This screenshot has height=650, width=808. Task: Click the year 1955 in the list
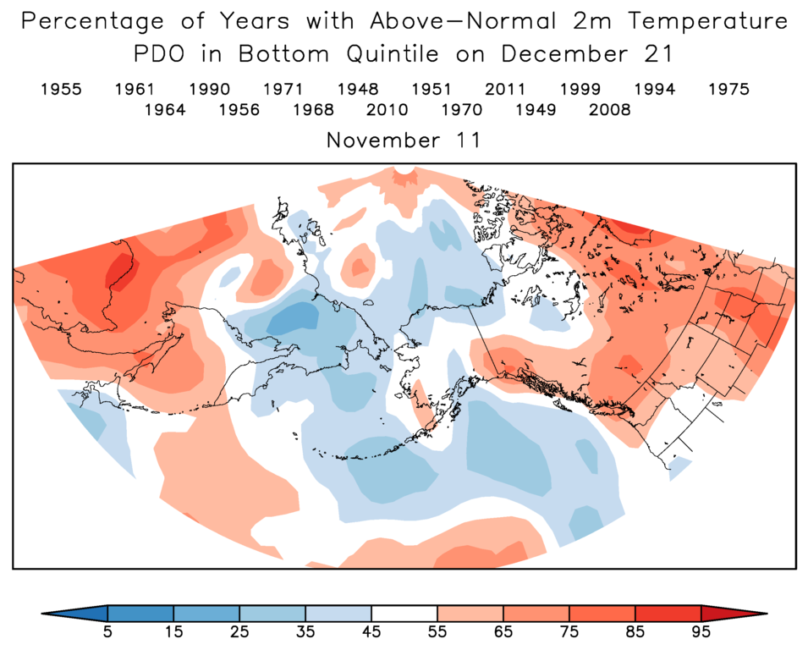[61, 89]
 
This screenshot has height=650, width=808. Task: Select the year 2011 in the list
[505, 89]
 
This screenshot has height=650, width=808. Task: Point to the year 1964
[165, 110]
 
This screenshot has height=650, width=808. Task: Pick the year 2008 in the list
[609, 110]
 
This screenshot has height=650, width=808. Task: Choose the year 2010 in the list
[388, 110]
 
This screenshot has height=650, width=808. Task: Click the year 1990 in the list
[209, 89]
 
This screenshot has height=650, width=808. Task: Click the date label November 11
[404, 140]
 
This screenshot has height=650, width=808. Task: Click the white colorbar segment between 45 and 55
[404, 613]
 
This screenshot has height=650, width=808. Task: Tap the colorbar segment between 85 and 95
[668, 613]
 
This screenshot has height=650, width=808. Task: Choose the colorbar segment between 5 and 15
[140, 613]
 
